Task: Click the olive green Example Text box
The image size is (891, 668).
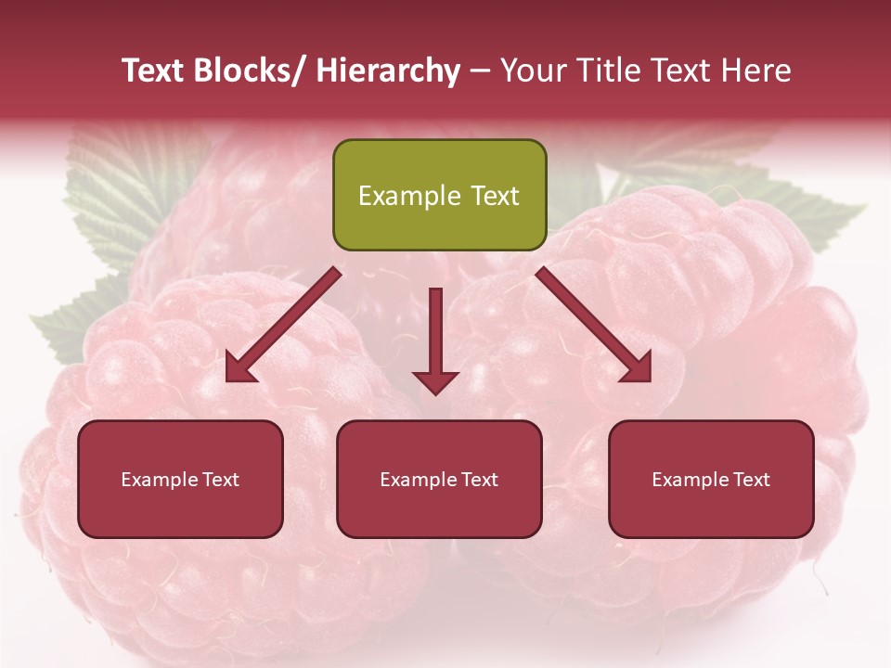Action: tap(439, 195)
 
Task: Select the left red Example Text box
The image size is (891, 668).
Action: tap(180, 479)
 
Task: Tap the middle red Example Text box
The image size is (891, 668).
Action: tap(439, 479)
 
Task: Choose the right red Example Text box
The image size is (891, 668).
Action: tap(711, 479)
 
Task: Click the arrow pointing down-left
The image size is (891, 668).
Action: tap(283, 325)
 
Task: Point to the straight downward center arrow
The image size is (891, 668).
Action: tap(435, 334)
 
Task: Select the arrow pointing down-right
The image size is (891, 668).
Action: tap(594, 325)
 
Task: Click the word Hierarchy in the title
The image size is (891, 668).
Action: tap(388, 71)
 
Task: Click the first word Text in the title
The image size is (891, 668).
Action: tap(153, 71)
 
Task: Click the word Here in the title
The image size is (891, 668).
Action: tap(756, 71)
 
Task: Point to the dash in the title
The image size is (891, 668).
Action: tap(480, 71)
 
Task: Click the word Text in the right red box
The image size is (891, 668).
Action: tap(750, 479)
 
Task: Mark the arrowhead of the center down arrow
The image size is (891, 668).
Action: tap(435, 381)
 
